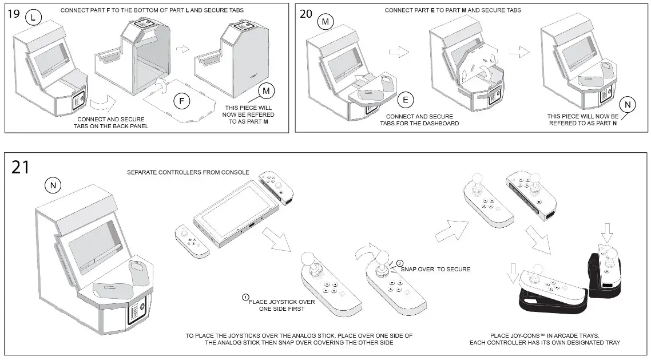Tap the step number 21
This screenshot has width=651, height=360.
[21, 167]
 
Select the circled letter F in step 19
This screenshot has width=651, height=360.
[181, 102]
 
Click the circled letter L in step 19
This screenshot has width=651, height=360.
[34, 18]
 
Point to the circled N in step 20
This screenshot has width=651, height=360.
[628, 105]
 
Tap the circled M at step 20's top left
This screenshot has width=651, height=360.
[326, 22]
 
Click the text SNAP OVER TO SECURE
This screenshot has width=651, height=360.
[435, 269]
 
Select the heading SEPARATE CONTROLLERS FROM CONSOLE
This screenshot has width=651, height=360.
[188, 172]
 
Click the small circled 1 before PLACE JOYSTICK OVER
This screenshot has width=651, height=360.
[245, 297]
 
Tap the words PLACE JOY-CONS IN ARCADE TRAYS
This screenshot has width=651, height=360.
[545, 335]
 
